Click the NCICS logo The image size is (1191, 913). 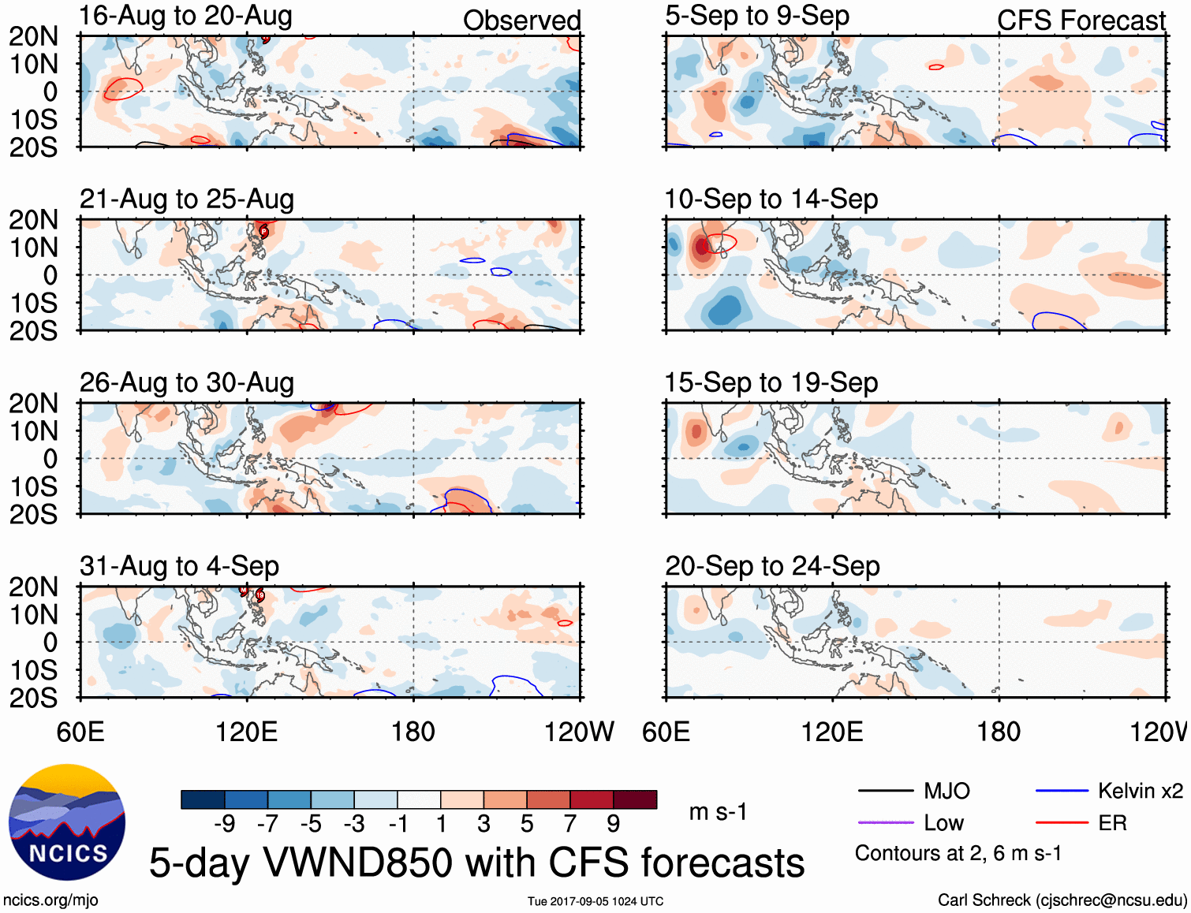tap(67, 822)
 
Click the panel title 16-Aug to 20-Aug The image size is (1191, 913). tap(185, 16)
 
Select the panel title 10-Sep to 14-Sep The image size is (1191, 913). tap(771, 199)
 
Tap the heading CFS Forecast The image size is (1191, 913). tap(1081, 20)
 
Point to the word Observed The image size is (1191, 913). tap(521, 20)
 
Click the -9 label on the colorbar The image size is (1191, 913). tap(225, 824)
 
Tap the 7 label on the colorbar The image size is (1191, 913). tap(570, 824)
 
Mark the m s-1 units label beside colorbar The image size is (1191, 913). tap(718, 812)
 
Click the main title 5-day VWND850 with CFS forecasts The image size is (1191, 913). tap(476, 863)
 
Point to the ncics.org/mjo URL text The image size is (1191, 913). tap(50, 900)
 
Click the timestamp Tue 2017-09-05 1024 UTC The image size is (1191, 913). tap(595, 901)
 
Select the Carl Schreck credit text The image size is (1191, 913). tap(1062, 900)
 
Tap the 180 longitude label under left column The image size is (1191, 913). tap(413, 732)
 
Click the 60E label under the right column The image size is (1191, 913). tap(666, 732)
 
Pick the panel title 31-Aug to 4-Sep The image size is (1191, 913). tap(179, 566)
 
